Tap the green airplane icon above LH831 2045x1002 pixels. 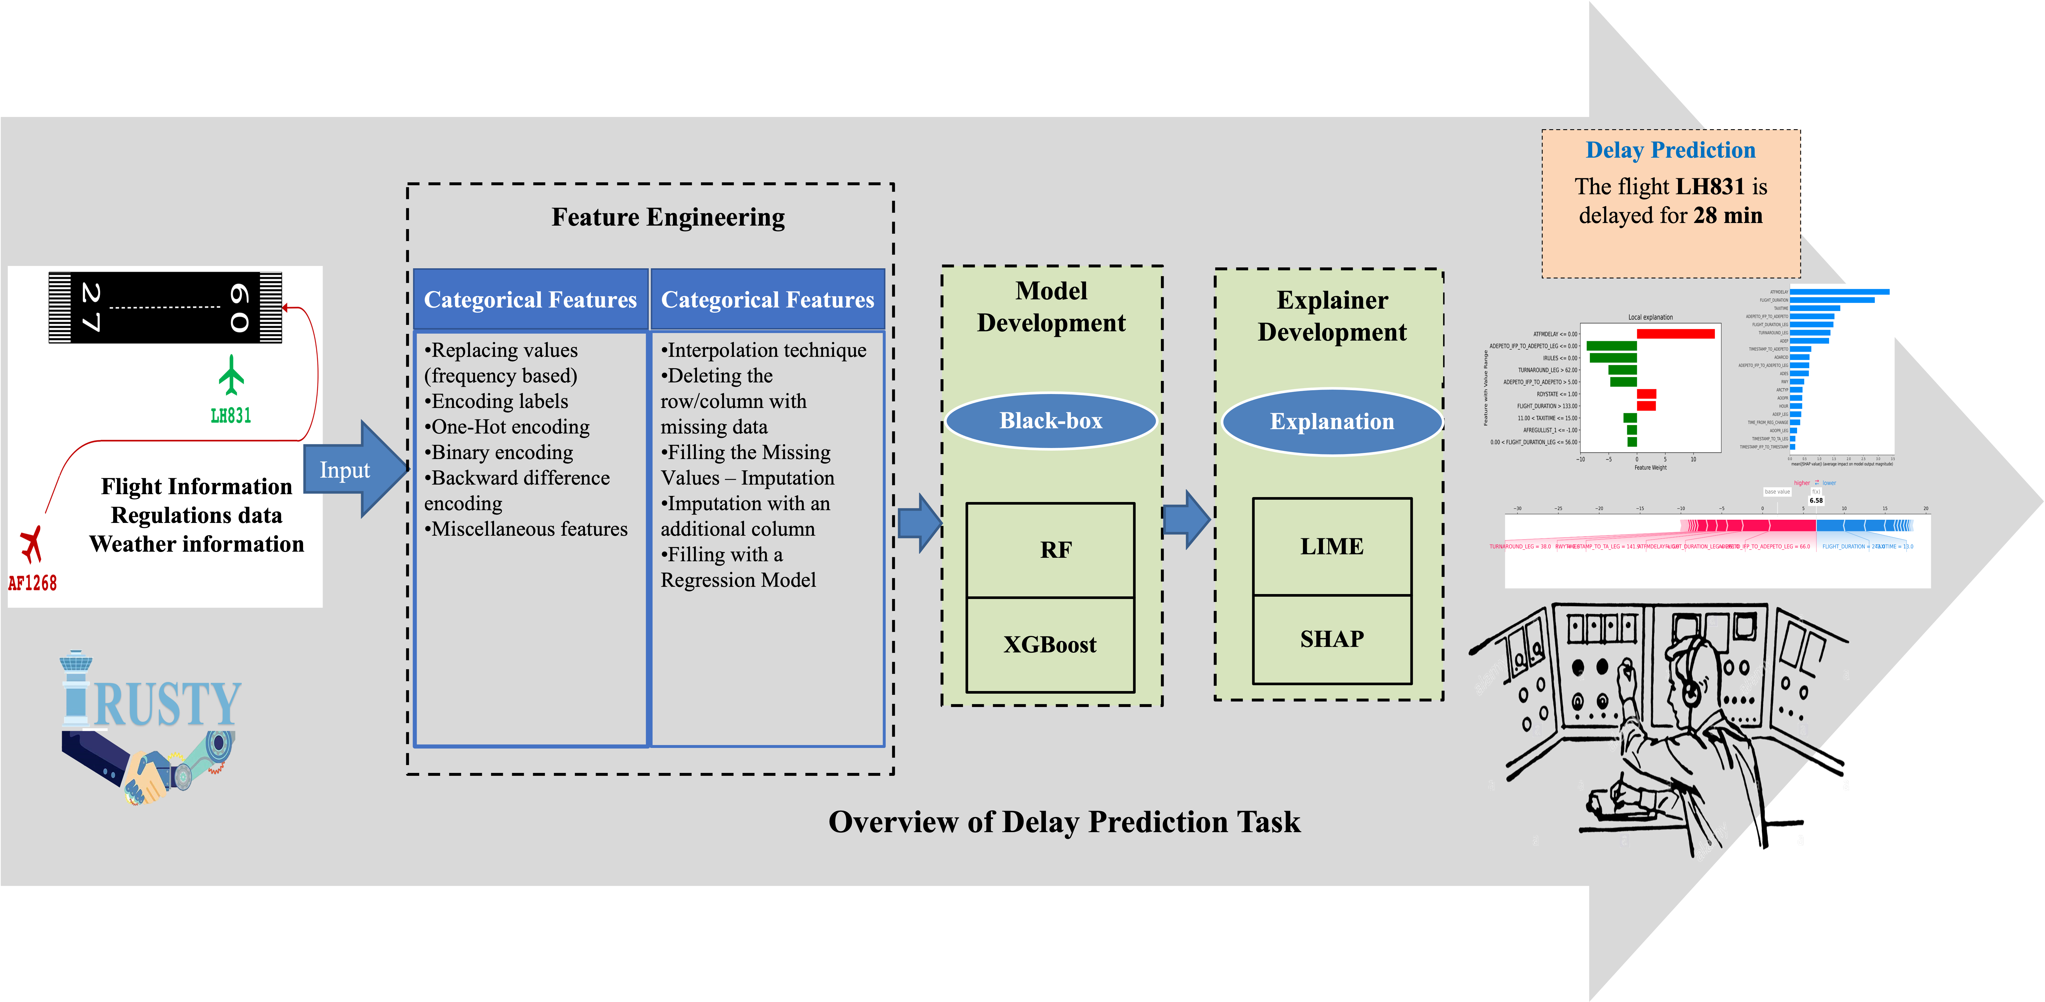231,375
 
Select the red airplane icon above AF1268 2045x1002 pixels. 31,545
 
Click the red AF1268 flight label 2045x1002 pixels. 33,584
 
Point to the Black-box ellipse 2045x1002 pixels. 1050,421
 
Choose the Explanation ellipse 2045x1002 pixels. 1331,422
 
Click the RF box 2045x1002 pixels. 1050,549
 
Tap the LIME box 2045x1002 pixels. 1331,546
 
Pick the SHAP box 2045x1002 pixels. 1331,639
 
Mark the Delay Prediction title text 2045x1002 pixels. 1670,150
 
